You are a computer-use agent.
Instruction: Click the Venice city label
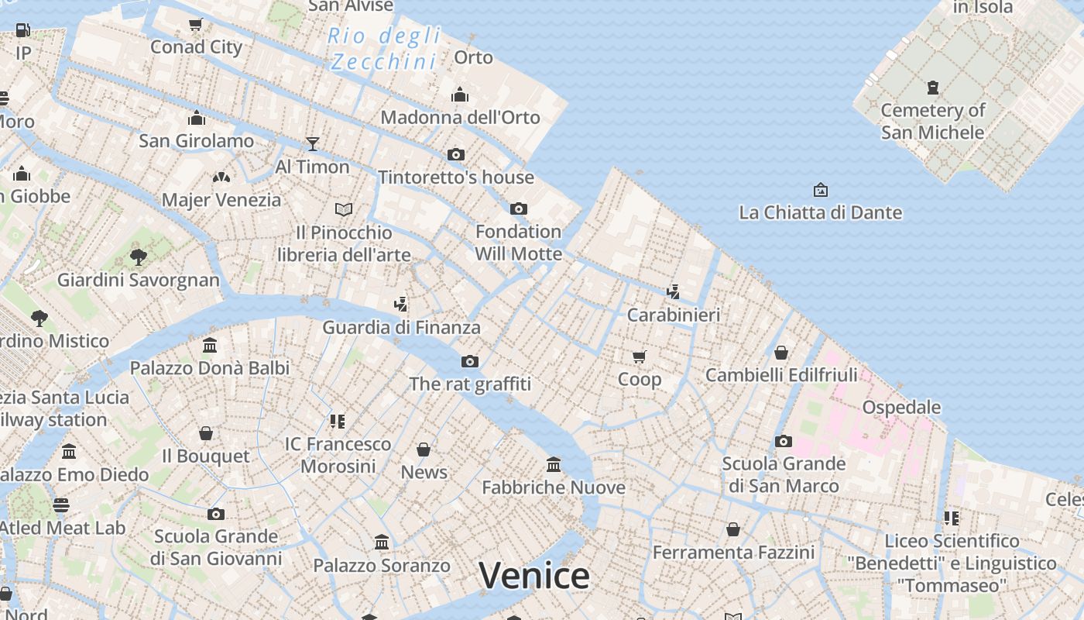(534, 576)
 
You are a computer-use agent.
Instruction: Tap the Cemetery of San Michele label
(932, 121)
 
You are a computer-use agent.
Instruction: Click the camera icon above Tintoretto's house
(456, 154)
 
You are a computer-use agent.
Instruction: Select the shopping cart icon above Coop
(639, 356)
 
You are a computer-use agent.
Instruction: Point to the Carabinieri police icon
(673, 291)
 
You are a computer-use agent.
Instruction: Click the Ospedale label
(901, 407)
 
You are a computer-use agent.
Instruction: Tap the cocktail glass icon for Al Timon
(313, 143)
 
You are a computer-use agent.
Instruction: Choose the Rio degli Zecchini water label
(384, 48)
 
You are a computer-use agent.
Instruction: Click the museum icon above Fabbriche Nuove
(554, 464)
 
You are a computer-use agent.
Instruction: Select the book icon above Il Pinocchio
(344, 209)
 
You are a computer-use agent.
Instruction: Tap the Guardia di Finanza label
(401, 327)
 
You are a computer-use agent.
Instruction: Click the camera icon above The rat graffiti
(470, 361)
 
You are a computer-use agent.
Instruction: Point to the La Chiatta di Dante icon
(820, 189)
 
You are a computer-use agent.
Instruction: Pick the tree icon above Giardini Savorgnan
(139, 257)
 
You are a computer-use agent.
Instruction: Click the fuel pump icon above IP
(23, 30)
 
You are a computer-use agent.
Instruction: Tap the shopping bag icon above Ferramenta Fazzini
(733, 529)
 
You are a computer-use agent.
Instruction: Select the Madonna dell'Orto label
(460, 117)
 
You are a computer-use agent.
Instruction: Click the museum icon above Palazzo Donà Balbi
(210, 345)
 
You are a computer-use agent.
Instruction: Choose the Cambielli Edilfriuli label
(781, 375)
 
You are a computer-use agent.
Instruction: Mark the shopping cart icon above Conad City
(196, 24)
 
